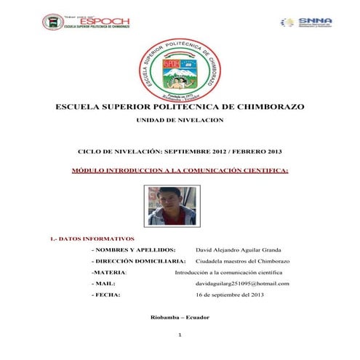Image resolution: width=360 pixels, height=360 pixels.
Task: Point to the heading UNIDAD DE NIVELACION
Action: click(180, 119)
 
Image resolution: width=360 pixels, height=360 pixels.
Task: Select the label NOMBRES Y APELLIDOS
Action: click(134, 249)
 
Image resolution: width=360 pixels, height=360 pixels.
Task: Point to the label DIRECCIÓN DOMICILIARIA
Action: click(138, 260)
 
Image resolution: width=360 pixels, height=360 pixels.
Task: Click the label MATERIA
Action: click(108, 272)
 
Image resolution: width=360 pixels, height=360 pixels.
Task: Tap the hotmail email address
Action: click(243, 283)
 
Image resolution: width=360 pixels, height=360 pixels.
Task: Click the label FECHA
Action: click(106, 295)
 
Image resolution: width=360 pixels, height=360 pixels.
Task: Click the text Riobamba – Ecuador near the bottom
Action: click(180, 318)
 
